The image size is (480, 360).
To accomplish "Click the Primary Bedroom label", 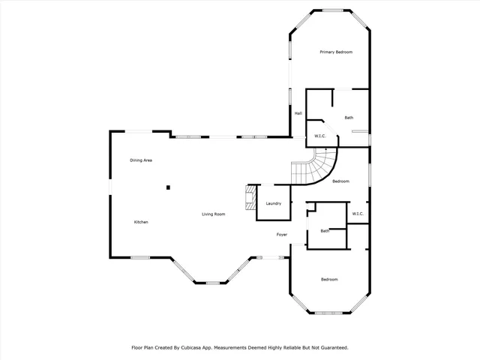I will click(335, 52).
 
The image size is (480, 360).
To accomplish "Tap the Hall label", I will click(298, 113).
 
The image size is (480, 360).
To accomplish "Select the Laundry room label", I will click(274, 203).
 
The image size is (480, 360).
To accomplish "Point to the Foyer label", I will click(282, 235).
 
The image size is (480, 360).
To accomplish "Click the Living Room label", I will click(214, 214).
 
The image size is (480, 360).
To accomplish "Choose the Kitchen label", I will click(141, 222).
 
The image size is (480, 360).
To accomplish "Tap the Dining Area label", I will click(141, 160).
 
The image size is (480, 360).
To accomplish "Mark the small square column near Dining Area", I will click(169, 187).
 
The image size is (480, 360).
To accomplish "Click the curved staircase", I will click(315, 168).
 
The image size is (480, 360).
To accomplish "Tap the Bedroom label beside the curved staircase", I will click(341, 181).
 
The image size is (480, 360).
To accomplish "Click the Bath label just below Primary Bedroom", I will click(349, 118).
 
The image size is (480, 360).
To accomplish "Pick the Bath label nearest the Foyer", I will click(325, 231).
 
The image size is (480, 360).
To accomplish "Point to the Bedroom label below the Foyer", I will click(329, 280).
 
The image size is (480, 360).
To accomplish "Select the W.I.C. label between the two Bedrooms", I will click(358, 214).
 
